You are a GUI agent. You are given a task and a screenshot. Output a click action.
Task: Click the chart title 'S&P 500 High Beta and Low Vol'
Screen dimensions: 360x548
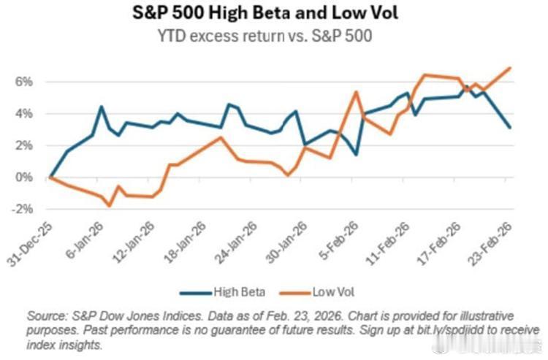(x=273, y=15)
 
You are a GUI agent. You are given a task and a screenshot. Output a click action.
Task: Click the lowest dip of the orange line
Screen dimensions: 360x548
(x=110, y=206)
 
